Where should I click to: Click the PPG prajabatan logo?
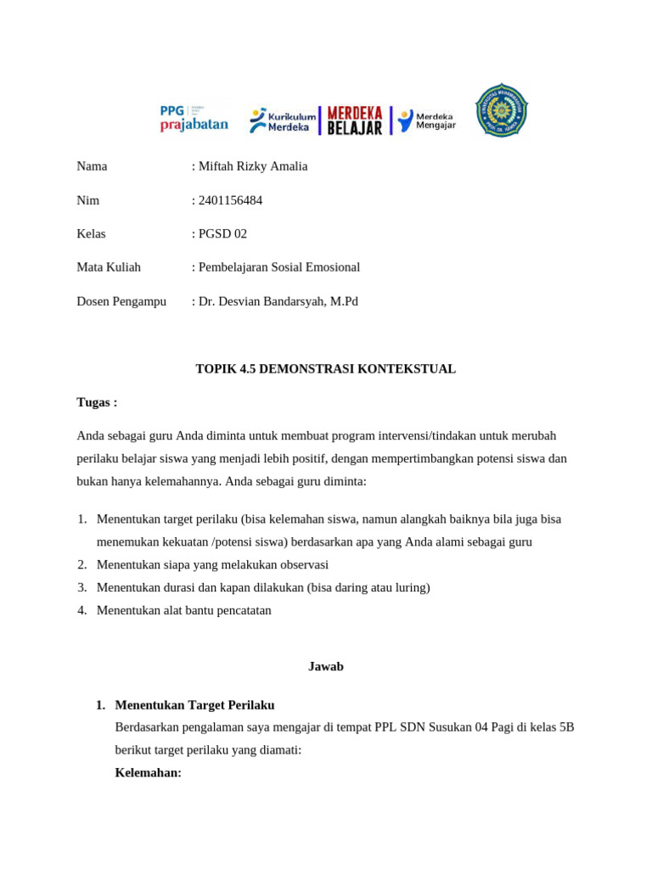194,118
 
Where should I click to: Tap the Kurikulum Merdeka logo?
283,121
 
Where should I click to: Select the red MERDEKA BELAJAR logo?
355,121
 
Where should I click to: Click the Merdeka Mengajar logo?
427,121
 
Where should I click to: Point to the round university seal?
501,109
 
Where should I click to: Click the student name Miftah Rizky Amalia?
253,166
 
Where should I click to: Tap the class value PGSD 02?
222,233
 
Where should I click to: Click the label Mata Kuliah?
109,267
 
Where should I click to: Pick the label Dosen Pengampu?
121,301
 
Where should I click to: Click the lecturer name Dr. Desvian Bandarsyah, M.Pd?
278,301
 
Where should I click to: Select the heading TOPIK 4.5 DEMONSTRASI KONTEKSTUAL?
325,369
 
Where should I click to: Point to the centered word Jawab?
325,667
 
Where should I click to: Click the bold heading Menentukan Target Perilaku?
194,705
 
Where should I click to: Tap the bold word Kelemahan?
148,773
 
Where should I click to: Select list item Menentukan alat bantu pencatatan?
184,610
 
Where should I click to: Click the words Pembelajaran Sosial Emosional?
279,267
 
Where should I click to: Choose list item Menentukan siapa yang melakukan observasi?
212,564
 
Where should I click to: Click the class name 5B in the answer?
566,727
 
